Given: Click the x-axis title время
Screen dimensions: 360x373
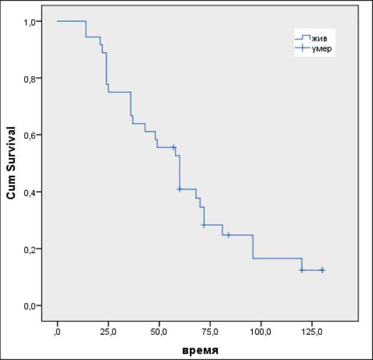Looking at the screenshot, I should pos(201,350).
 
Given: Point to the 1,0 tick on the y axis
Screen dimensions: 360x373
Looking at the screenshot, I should pos(35,22).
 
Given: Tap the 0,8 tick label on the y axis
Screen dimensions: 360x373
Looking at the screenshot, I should pos(35,79).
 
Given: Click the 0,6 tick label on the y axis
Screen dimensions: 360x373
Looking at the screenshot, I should pos(35,135).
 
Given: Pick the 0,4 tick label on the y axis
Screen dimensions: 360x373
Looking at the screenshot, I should pos(35,192).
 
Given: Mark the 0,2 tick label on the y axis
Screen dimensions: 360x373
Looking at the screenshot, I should pos(35,249).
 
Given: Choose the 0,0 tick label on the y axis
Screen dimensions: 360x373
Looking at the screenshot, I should pos(35,306).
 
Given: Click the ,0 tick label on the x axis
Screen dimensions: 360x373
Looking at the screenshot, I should pos(57,331).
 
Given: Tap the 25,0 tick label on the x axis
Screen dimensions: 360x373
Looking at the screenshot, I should pos(108,331).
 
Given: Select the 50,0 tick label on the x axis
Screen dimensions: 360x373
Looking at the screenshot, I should pos(159,331).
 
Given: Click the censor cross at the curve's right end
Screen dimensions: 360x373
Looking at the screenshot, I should pos(322,270).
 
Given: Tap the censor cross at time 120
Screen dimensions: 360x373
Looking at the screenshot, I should pos(302,270).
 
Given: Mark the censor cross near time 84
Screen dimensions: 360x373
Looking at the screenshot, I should pos(228,235).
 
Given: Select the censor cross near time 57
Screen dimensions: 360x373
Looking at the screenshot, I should pos(173,147).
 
